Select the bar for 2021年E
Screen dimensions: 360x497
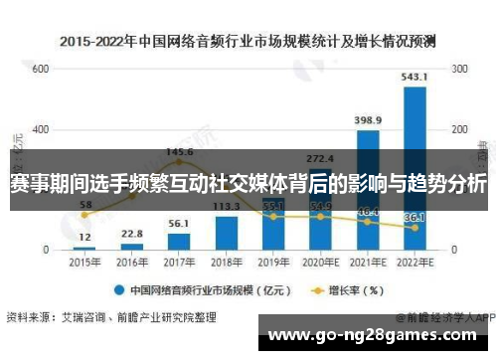pyautogui.click(x=368, y=189)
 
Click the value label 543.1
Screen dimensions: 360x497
pyautogui.click(x=414, y=77)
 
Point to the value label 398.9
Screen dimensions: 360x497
pyautogui.click(x=368, y=119)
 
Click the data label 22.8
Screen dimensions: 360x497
pyautogui.click(x=131, y=234)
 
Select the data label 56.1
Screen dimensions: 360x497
pyautogui.click(x=179, y=224)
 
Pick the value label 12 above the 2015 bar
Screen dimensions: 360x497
pyautogui.click(x=84, y=237)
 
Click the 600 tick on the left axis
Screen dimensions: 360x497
pyautogui.click(x=40, y=70)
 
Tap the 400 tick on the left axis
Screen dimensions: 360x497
pyautogui.click(x=40, y=130)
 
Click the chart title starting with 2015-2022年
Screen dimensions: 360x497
pyautogui.click(x=248, y=42)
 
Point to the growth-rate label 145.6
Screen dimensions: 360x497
pyautogui.click(x=179, y=152)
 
